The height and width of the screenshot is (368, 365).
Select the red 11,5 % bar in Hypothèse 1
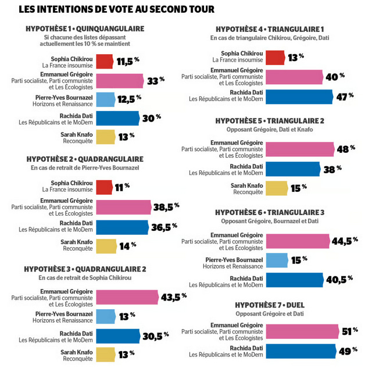coord(104,61)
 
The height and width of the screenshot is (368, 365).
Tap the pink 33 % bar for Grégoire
coord(120,80)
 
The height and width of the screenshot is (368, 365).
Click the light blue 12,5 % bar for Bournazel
coord(106,99)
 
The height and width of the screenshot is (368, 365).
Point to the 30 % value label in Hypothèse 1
coord(152,118)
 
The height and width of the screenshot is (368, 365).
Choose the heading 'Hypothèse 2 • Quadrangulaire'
coord(85,159)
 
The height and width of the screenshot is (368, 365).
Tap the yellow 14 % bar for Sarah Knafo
coord(106,246)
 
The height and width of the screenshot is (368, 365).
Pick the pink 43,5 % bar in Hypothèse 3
coord(126,296)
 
